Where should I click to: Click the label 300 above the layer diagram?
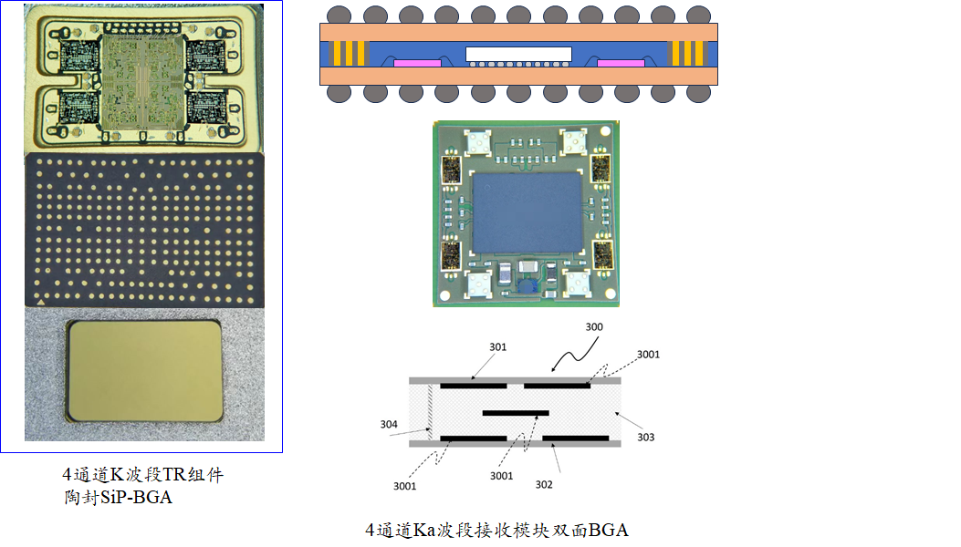point(593,326)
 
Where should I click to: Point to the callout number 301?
point(497,347)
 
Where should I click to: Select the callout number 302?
point(544,484)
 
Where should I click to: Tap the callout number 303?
point(645,438)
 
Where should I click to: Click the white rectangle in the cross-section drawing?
point(518,54)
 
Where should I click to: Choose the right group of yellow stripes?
point(689,54)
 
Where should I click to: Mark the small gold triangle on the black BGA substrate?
point(39,299)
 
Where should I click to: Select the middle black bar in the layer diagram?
point(516,413)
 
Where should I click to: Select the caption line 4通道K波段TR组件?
point(142,475)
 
